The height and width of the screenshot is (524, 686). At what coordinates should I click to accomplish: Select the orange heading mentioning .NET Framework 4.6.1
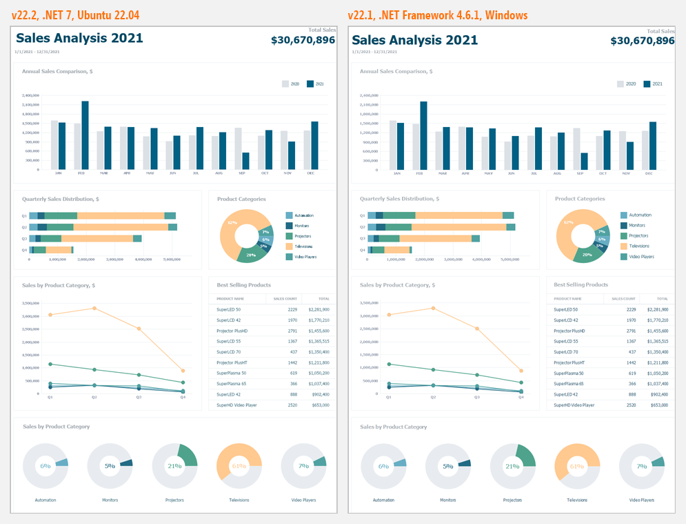(438, 14)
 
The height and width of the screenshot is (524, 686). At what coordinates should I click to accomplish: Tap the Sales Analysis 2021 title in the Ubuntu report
(79, 39)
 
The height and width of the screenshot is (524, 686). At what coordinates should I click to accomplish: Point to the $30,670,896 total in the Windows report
(642, 41)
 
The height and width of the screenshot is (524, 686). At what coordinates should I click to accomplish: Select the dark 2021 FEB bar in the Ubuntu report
(85, 135)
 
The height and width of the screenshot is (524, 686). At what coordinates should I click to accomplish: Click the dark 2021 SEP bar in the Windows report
(585, 161)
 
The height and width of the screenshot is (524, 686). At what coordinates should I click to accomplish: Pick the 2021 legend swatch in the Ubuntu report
(310, 84)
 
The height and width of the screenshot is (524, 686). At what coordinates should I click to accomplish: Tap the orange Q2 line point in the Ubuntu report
(94, 308)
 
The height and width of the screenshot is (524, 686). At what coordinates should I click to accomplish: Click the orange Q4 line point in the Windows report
(521, 371)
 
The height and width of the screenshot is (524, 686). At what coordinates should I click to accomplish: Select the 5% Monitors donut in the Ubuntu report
(110, 465)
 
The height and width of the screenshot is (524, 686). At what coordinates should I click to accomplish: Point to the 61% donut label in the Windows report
(576, 466)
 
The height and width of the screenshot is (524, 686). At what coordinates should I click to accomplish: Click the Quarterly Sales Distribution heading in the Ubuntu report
(60, 199)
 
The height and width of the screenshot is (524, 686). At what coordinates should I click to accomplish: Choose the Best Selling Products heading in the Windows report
(581, 284)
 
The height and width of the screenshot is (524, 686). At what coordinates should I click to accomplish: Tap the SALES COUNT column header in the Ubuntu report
(284, 299)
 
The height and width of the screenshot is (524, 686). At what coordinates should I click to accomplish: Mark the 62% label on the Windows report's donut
(568, 223)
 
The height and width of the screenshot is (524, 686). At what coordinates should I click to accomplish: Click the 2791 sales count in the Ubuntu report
(292, 331)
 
